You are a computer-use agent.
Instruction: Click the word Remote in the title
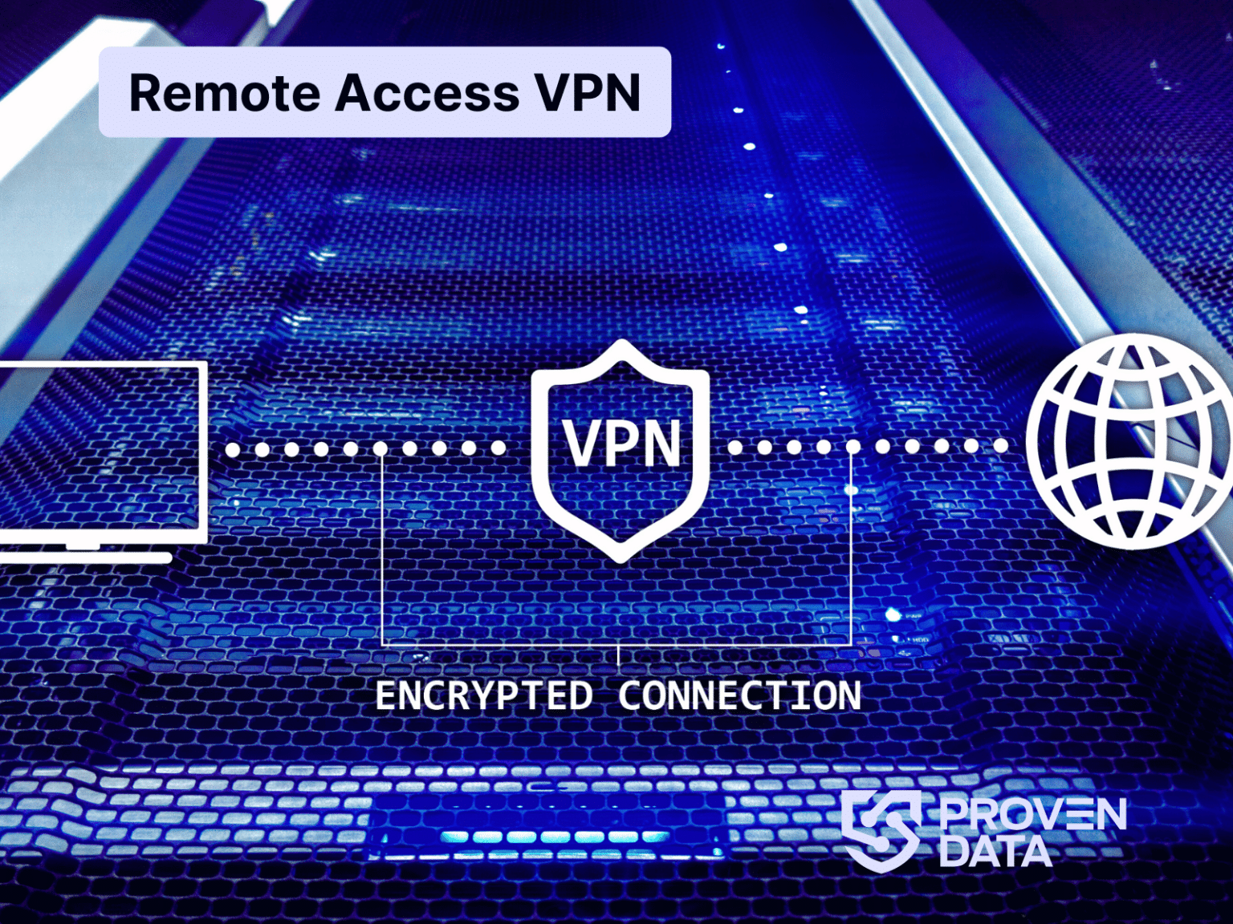pyautogui.click(x=225, y=93)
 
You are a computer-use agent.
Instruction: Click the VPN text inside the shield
pyautogui.click(x=621, y=444)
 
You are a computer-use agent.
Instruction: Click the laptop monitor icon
pyautogui.click(x=100, y=449)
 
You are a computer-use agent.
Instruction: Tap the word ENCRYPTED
pyautogui.click(x=483, y=695)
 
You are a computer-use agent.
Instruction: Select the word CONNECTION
pyautogui.click(x=739, y=695)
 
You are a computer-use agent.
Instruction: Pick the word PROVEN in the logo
pyautogui.click(x=1033, y=814)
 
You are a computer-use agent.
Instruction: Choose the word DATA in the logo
pyautogui.click(x=995, y=852)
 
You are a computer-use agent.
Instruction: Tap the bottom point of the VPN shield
pyautogui.click(x=620, y=557)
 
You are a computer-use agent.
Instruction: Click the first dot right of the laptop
pyautogui.click(x=233, y=449)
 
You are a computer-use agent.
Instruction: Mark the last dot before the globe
pyautogui.click(x=1000, y=446)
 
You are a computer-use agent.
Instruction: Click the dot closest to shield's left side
pyautogui.click(x=498, y=448)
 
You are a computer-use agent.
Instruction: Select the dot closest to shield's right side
pyautogui.click(x=735, y=447)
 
